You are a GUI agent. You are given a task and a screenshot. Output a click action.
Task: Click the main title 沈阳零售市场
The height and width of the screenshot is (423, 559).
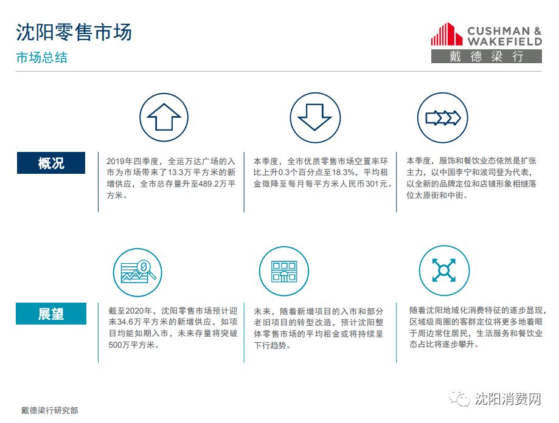[x=74, y=32]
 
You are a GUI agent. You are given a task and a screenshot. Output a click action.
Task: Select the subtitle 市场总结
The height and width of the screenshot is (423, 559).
[x=42, y=57]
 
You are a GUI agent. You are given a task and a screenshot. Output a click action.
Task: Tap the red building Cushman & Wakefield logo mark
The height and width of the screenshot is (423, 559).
[x=446, y=34]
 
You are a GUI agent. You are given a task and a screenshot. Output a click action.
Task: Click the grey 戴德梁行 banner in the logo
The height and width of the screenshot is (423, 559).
[x=486, y=57]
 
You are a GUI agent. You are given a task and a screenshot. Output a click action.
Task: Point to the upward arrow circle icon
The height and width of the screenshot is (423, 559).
[x=164, y=117]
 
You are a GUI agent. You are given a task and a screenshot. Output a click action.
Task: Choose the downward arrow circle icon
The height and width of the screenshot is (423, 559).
[x=315, y=117]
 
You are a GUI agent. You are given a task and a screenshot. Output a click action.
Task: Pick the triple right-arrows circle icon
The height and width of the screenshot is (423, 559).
[x=442, y=117]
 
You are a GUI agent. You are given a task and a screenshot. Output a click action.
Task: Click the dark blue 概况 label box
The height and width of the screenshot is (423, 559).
[x=51, y=163]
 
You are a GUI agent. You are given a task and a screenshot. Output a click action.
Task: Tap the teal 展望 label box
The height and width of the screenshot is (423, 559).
[x=51, y=314]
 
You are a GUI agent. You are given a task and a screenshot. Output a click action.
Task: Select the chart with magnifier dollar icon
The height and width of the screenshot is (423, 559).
[x=137, y=272]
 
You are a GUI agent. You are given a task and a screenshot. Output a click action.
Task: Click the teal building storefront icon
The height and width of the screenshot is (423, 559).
[x=284, y=271]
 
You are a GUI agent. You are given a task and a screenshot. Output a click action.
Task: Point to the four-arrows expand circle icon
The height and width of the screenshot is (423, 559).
[x=444, y=270]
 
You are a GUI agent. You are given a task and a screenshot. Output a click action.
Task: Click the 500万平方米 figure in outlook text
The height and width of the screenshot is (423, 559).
[x=131, y=345]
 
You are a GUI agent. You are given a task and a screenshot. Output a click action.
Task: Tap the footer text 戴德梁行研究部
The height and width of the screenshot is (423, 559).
[x=49, y=410]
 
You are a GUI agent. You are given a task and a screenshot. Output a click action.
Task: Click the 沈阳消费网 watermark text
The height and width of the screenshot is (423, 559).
[x=507, y=399]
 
